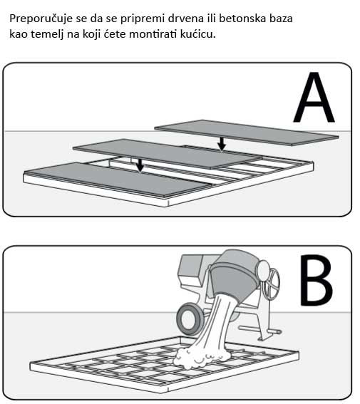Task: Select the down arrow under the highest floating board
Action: [x=222, y=144]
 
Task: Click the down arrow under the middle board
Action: [x=140, y=165]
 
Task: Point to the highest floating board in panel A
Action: [x=246, y=131]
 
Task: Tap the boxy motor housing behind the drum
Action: [x=192, y=271]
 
